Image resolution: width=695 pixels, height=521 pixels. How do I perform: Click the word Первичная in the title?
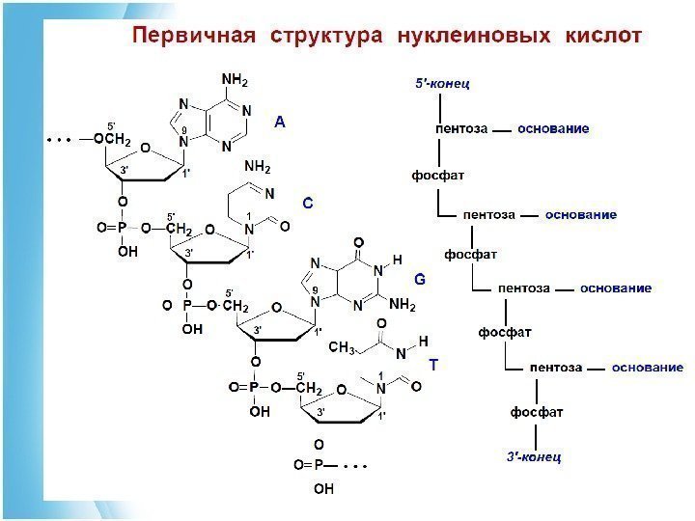point(193,38)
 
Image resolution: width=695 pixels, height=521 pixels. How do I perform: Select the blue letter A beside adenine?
point(279,123)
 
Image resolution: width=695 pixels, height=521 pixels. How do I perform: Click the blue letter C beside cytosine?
point(308,204)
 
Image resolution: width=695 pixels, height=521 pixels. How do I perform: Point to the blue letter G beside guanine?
point(420,279)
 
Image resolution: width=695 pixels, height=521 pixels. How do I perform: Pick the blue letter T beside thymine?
point(433,366)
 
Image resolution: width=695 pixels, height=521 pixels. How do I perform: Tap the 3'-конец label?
point(533,455)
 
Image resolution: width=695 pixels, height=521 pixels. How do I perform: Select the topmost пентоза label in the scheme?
point(461,127)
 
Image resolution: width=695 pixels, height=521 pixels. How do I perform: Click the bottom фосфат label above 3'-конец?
point(537,412)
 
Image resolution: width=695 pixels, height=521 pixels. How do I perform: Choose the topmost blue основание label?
point(554,127)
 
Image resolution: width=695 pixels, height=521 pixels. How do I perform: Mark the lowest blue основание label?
point(648,368)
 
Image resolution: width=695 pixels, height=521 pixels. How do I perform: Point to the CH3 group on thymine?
point(343,347)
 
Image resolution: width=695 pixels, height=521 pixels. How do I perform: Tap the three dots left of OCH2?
point(60,140)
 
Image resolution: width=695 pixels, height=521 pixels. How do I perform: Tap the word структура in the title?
point(327,38)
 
